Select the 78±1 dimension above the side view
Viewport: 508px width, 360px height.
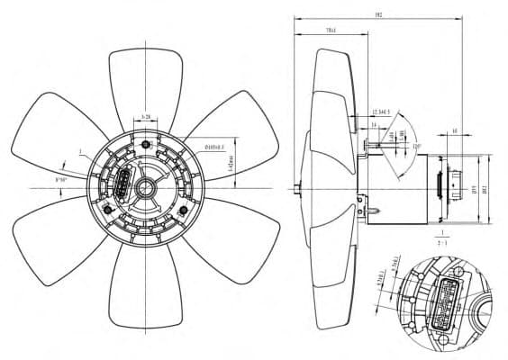tap(331, 31)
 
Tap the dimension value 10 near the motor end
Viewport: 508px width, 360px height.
tap(454, 131)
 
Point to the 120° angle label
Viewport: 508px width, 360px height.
tap(416, 145)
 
